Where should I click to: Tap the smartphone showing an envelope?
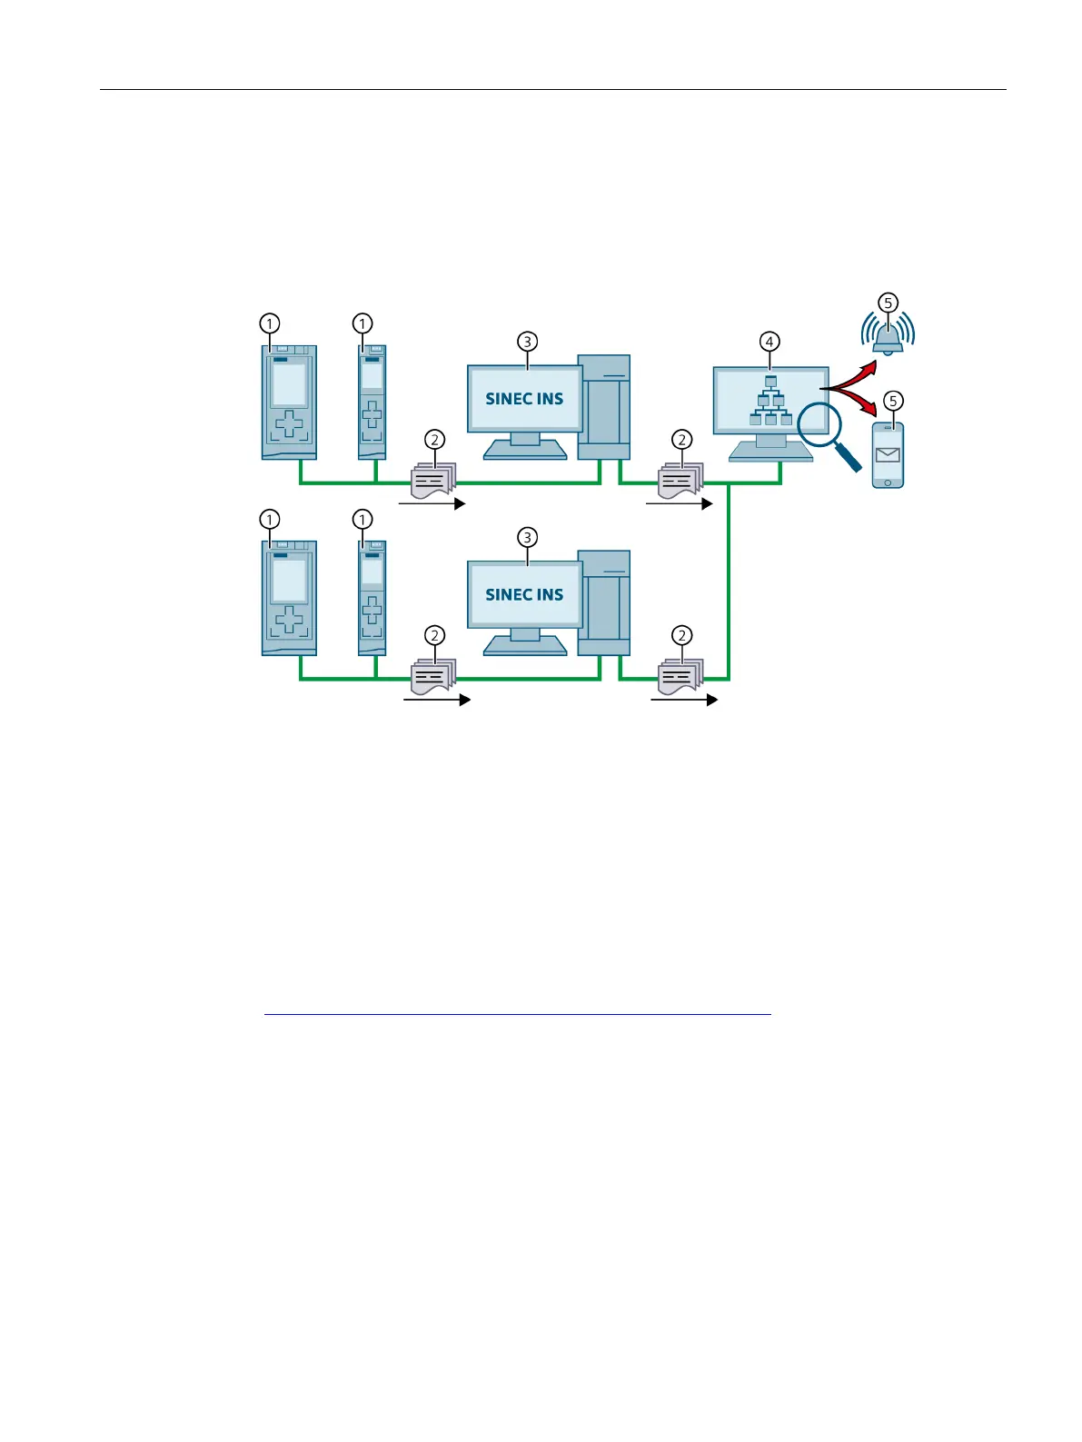[888, 454]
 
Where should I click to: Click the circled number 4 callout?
[769, 342]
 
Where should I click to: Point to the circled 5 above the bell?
[888, 303]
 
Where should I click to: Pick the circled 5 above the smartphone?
[893, 401]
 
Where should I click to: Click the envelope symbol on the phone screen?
[888, 454]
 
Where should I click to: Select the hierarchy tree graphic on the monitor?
[770, 402]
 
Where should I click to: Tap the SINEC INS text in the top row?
[524, 399]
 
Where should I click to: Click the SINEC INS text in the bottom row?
[524, 595]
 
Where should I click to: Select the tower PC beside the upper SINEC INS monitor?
[604, 407]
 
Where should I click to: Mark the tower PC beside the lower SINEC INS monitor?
[604, 602]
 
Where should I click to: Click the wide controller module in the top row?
[289, 402]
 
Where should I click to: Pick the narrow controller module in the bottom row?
[372, 598]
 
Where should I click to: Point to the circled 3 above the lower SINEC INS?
[527, 538]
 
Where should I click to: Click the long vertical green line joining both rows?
[729, 582]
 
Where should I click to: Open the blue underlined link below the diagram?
[517, 1010]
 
